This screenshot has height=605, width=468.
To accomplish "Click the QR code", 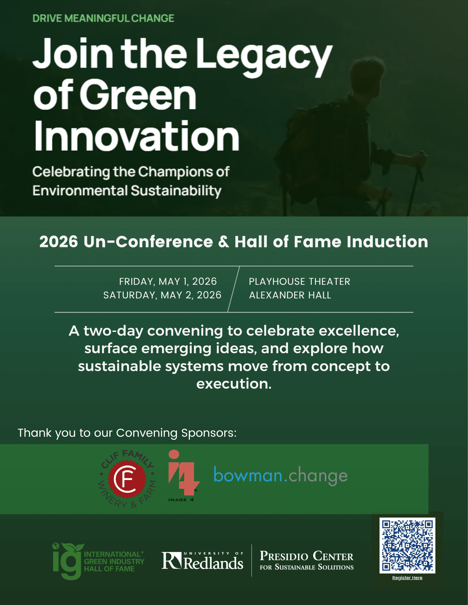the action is coord(407,545).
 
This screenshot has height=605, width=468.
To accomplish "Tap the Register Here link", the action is coord(407,578).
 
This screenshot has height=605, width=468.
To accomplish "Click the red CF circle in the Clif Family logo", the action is coord(127,479).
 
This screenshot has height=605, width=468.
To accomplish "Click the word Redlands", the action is coord(213,563).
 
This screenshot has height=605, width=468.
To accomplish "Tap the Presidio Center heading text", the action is coord(307,556).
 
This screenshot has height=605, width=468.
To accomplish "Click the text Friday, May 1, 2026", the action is coord(168,281).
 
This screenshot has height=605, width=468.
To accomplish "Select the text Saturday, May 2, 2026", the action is coord(162,295).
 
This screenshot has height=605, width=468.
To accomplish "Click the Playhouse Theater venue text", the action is coord(300,281).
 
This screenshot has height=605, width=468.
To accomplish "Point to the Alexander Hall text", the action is coord(290,295).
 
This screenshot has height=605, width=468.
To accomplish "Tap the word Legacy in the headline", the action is coord(264,57).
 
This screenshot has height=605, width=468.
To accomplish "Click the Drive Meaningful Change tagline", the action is coord(103,18).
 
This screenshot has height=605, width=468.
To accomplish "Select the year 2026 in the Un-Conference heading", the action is coord(59,242).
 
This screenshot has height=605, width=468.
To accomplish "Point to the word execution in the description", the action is coord(234,384).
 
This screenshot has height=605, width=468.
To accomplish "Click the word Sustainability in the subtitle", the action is coord(176,191).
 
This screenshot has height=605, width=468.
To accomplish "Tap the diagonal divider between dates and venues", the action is coord(234,289).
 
